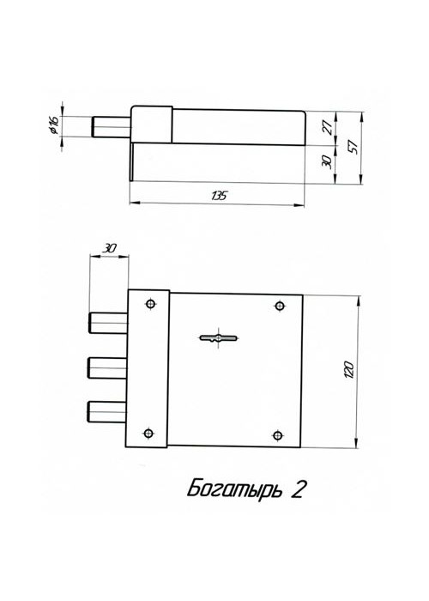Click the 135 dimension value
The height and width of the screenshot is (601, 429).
(220, 196)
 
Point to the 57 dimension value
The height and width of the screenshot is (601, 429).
(353, 147)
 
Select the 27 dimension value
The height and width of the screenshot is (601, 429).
(328, 127)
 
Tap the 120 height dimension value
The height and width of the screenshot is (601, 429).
(349, 370)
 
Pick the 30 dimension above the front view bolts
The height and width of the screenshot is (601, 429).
(109, 249)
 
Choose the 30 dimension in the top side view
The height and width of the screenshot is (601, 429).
(327, 161)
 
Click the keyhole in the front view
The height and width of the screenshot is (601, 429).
(219, 337)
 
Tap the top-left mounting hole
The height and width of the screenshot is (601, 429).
(151, 304)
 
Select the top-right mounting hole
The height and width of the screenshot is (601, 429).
(281, 306)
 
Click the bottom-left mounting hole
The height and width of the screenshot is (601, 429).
(148, 434)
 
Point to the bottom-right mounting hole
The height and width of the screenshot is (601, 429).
(278, 436)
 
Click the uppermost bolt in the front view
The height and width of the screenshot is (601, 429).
(108, 323)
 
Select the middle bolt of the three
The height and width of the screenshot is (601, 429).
(107, 367)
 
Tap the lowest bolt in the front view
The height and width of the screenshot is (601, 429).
(107, 411)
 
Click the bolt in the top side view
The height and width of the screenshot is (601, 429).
(112, 126)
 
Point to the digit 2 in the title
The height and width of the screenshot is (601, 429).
(299, 489)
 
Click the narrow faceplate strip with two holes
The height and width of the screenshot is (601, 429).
(148, 368)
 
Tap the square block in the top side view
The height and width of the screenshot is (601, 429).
(152, 124)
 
